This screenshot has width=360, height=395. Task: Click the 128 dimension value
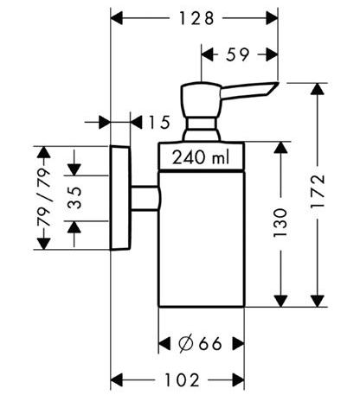tap(196, 18)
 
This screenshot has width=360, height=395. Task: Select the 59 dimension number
tap(237, 54)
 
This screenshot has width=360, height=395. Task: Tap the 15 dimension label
tap(159, 123)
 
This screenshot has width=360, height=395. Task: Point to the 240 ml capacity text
tap(201, 157)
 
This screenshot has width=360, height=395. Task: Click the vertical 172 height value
tap(318, 192)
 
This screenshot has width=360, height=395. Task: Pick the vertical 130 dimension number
tap(280, 223)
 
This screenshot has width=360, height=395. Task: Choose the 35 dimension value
tap(75, 198)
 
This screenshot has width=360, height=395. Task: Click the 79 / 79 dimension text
tap(44, 198)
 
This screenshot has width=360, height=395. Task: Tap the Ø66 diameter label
tap(200, 343)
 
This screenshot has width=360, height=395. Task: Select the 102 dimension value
tap(182, 379)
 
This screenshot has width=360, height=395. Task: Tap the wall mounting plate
tap(120, 198)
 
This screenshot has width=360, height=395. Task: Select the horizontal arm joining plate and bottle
tap(145, 198)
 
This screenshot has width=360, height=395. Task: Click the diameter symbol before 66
tap(186, 343)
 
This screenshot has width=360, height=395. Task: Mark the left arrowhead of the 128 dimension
tap(117, 18)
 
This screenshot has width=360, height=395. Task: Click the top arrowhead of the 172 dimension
tap(318, 89)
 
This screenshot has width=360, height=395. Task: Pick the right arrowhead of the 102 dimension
tap(238, 379)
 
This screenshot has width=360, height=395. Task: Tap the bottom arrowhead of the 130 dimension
tap(280, 301)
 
